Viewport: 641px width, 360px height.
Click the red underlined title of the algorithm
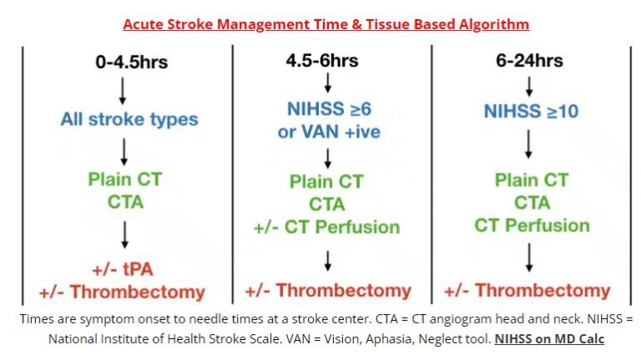pos(326,23)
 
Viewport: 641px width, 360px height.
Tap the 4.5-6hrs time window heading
pos(327,62)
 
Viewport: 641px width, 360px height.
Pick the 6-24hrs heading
pos(527,63)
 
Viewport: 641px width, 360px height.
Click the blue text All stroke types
pos(129,119)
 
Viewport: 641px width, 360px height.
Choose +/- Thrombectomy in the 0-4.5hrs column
pos(122,292)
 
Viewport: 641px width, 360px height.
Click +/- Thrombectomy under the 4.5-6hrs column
pos(327,291)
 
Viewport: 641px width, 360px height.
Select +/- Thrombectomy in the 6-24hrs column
pos(527,291)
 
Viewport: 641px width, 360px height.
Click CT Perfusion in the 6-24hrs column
pos(532,225)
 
